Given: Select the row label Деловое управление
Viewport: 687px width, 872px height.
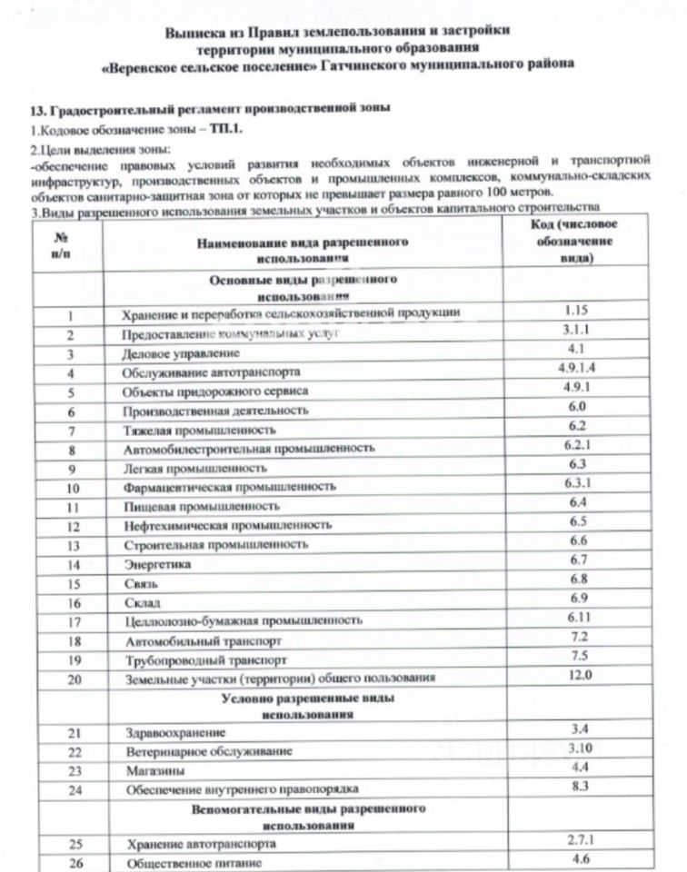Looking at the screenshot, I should tap(162, 353).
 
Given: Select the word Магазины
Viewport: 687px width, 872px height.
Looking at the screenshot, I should tap(150, 770).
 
